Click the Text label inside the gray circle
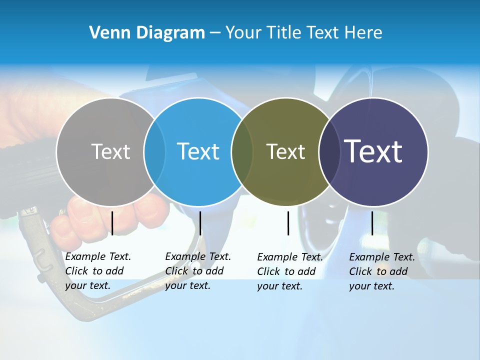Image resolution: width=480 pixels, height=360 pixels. [x=110, y=151]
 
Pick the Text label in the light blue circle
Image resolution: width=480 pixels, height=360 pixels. [x=198, y=151]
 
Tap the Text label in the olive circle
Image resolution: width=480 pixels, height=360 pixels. [x=285, y=151]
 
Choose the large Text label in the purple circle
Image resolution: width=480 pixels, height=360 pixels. [x=373, y=151]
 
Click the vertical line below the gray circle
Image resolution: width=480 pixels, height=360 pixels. [x=112, y=223]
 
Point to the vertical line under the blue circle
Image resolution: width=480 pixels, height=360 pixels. [x=200, y=223]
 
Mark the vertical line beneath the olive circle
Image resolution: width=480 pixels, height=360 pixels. [x=288, y=223]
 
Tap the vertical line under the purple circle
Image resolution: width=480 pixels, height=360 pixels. [x=372, y=223]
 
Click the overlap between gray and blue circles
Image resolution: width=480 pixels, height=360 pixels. [x=154, y=151]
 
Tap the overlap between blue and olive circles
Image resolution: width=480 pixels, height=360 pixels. [x=242, y=151]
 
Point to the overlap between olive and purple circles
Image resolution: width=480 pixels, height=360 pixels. [x=328, y=151]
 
